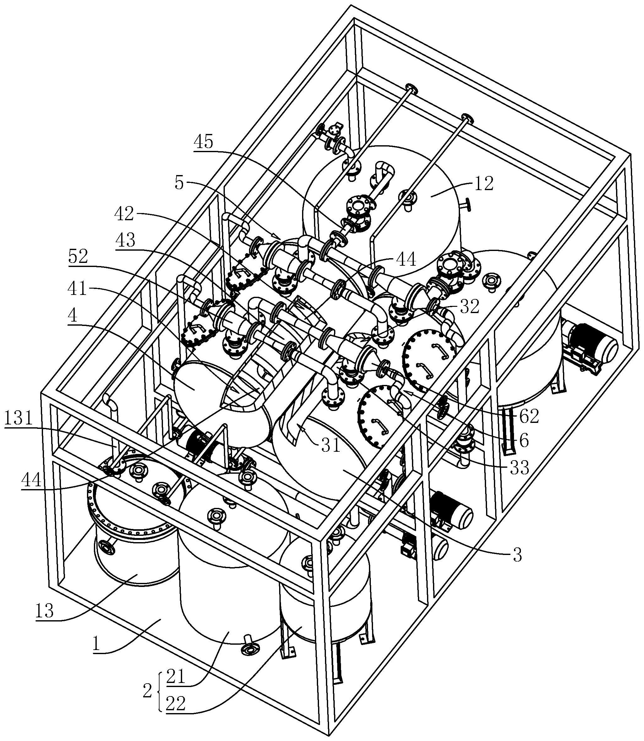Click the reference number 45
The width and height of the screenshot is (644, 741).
point(203,142)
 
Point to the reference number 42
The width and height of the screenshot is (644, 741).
point(124,214)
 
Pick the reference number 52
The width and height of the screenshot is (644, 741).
point(78,257)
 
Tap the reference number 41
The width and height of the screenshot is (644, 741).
point(78,288)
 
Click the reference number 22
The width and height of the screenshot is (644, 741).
point(176,704)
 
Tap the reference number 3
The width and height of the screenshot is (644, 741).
point(517,555)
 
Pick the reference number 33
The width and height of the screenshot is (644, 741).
point(519,467)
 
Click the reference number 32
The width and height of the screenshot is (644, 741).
point(470,306)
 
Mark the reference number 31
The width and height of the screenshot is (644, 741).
point(331,445)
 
